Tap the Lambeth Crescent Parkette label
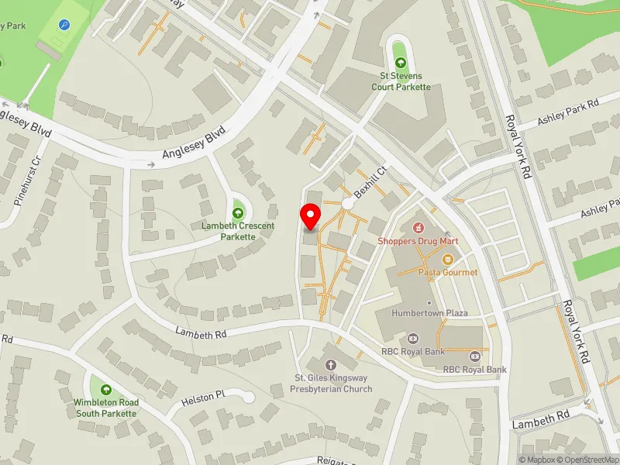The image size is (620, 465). click(x=238, y=230)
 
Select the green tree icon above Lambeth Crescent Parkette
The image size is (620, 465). click(x=238, y=212)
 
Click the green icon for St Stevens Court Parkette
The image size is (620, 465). click(x=399, y=63)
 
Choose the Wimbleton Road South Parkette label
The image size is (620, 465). click(x=107, y=408)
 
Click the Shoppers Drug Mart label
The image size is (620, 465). click(x=418, y=241)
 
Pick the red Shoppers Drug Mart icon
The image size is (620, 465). click(x=418, y=228)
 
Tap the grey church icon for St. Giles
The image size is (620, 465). click(x=332, y=365)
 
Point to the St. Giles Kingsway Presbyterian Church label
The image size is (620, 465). click(x=332, y=384)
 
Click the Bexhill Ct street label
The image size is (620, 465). click(x=370, y=181)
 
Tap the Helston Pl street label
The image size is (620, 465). click(x=202, y=398)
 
